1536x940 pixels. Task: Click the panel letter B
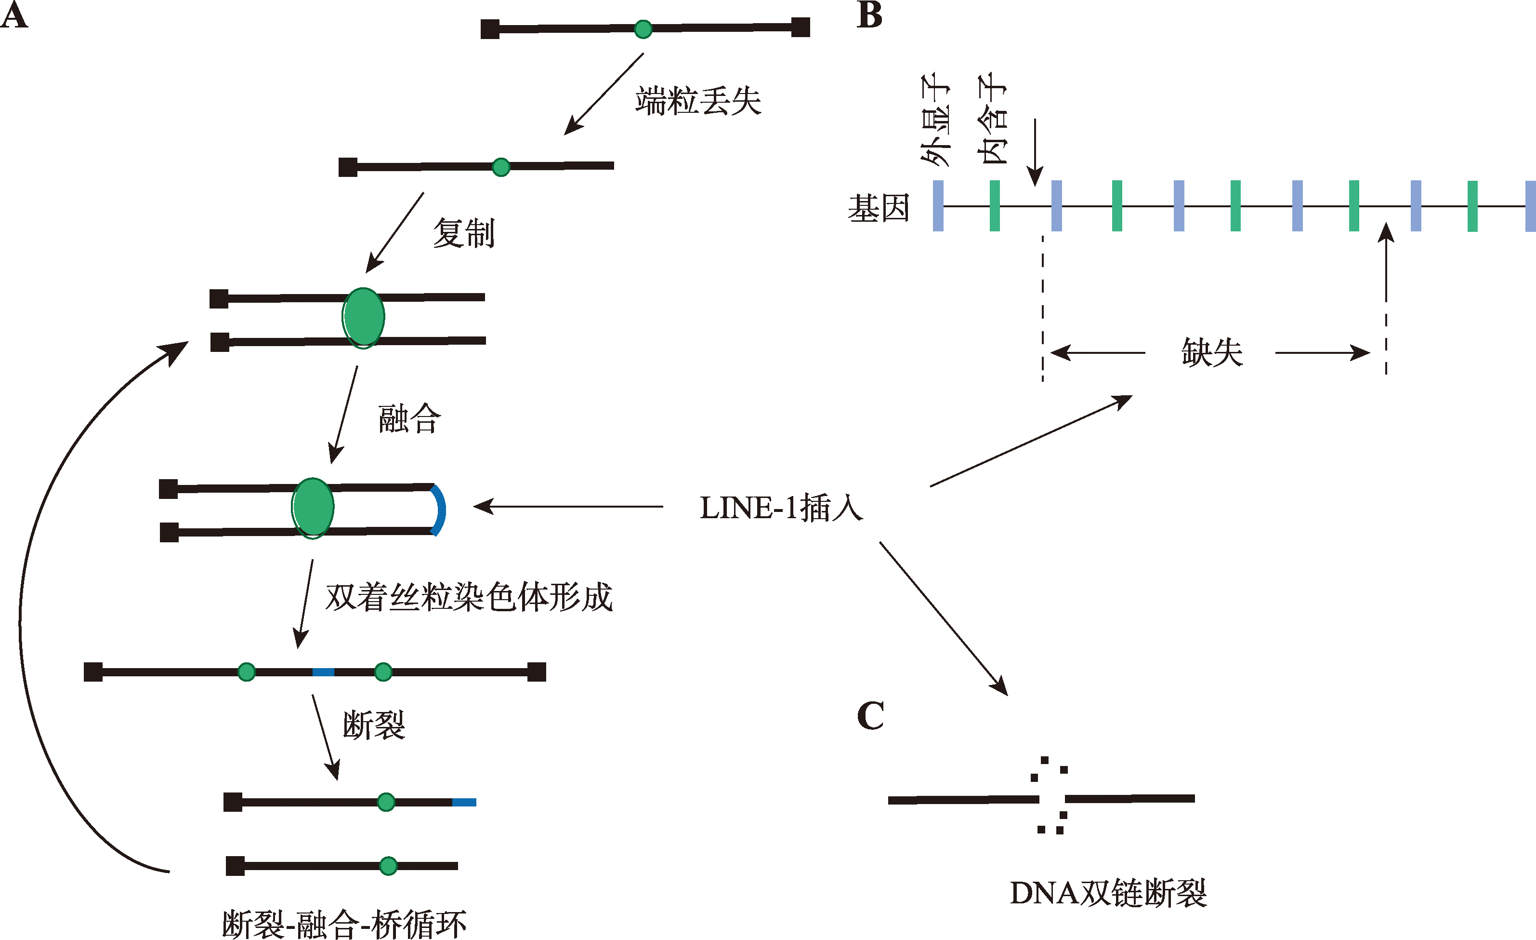pyautogui.click(x=869, y=15)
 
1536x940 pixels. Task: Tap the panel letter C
pyautogui.click(x=870, y=715)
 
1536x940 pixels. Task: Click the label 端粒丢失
pyautogui.click(x=698, y=101)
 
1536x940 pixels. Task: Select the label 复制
pyautogui.click(x=464, y=233)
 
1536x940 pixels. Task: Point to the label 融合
pyautogui.click(x=409, y=418)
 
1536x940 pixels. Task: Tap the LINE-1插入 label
pyautogui.click(x=782, y=507)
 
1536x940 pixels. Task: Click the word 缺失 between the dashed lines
pyautogui.click(x=1212, y=352)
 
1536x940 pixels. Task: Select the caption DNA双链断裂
pyautogui.click(x=1108, y=893)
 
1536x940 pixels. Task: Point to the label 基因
pyautogui.click(x=879, y=208)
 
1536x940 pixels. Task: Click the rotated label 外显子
pyautogui.click(x=936, y=120)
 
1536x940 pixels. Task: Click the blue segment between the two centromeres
pyautogui.click(x=323, y=672)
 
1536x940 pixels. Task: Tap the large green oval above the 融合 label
pyautogui.click(x=364, y=318)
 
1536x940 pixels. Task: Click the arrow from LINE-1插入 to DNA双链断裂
pyautogui.click(x=943, y=618)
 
